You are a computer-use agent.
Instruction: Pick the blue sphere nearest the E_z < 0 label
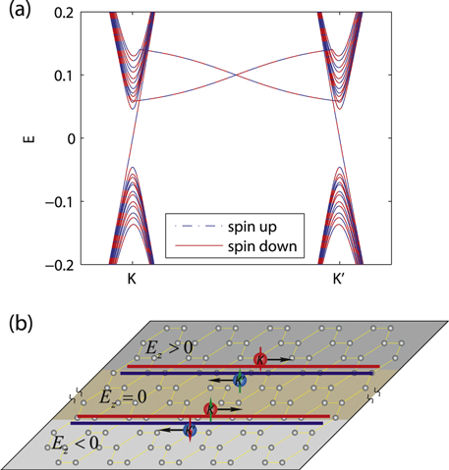190,431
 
